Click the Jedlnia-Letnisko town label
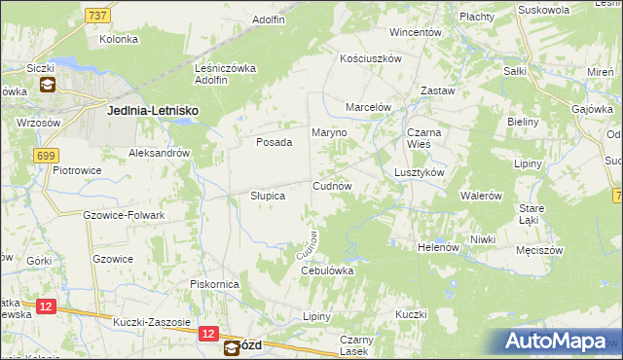pos(152,112)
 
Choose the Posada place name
pos(274,142)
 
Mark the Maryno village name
pos(329,132)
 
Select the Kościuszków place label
pos(371,59)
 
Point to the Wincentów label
pos(416,32)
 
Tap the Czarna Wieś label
pos(425,139)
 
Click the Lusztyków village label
pos(420,172)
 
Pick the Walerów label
pos(481,196)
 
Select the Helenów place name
pos(437,247)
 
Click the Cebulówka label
pos(325,270)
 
